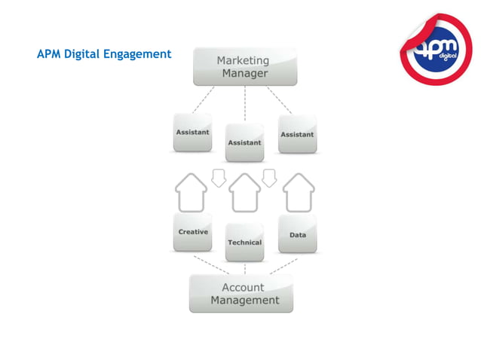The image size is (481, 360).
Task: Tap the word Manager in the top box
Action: [x=245, y=74]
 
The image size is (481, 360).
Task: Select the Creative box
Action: [x=193, y=233]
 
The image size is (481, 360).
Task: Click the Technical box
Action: [x=245, y=243]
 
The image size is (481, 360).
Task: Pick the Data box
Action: [x=297, y=234]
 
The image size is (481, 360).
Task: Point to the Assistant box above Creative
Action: [x=193, y=133]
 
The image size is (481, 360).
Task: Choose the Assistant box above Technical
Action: [x=245, y=142]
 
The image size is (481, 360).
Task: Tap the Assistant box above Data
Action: [x=297, y=134]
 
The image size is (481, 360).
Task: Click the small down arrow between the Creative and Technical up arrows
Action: [x=219, y=178]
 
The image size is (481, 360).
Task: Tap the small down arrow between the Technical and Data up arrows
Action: [x=269, y=178]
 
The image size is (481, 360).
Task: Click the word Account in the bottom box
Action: [x=243, y=287]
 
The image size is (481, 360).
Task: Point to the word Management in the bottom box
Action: [x=244, y=301]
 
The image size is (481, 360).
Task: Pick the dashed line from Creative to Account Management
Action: [x=210, y=264]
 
